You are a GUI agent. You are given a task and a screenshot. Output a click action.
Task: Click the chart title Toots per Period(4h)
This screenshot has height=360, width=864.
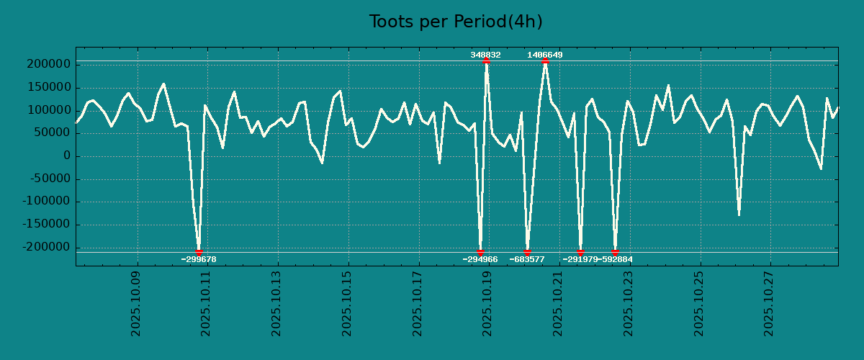456,22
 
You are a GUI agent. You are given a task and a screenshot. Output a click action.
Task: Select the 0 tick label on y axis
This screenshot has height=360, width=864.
67,156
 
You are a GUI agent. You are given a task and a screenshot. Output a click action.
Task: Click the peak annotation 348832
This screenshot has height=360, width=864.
486,55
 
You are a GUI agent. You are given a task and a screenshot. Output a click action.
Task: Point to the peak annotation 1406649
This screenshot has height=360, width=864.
545,55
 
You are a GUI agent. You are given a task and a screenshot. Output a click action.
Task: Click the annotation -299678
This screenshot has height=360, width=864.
199,259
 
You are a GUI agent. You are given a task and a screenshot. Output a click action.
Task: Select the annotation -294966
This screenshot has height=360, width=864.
480,259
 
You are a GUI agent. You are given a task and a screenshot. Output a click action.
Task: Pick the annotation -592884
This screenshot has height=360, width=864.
616,259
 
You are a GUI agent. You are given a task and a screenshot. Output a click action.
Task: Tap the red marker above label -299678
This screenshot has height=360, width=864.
199,252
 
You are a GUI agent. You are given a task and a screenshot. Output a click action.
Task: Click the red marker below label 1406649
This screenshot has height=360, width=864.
545,61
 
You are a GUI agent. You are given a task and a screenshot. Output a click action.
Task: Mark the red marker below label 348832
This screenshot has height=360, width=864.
486,61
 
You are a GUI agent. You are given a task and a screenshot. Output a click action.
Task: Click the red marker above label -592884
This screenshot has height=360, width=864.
615,252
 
